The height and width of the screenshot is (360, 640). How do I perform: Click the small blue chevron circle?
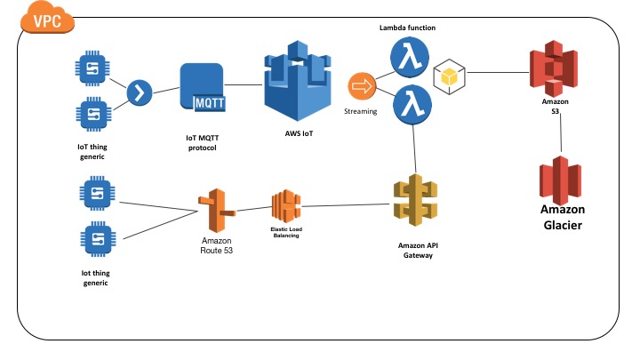click(140, 92)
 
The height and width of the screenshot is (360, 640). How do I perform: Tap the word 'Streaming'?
click(361, 112)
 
